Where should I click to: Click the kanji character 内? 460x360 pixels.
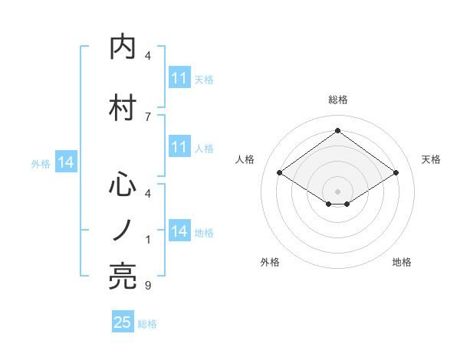tap(124, 47)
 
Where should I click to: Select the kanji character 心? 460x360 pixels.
tap(124, 184)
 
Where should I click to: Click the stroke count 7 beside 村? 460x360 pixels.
tap(148, 116)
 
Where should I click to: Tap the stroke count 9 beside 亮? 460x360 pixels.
tap(148, 286)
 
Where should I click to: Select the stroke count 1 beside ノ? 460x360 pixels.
tap(148, 240)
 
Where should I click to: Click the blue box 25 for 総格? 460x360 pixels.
tap(123, 322)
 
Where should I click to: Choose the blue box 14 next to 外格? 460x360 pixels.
tap(65, 162)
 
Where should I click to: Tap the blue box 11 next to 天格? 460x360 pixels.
tap(179, 78)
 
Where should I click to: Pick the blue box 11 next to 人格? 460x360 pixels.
tap(179, 147)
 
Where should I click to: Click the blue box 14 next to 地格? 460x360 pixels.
tap(179, 231)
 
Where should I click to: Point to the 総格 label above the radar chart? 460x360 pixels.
tap(338, 100)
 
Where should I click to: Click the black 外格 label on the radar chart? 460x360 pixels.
tap(270, 262)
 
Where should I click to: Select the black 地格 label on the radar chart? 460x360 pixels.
tap(402, 262)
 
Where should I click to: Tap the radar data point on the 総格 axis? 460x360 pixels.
tap(337, 131)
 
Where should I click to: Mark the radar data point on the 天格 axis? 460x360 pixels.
tap(396, 173)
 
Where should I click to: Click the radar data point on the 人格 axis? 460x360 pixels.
tap(279, 173)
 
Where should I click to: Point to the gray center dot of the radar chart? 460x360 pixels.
tap(337, 190)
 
